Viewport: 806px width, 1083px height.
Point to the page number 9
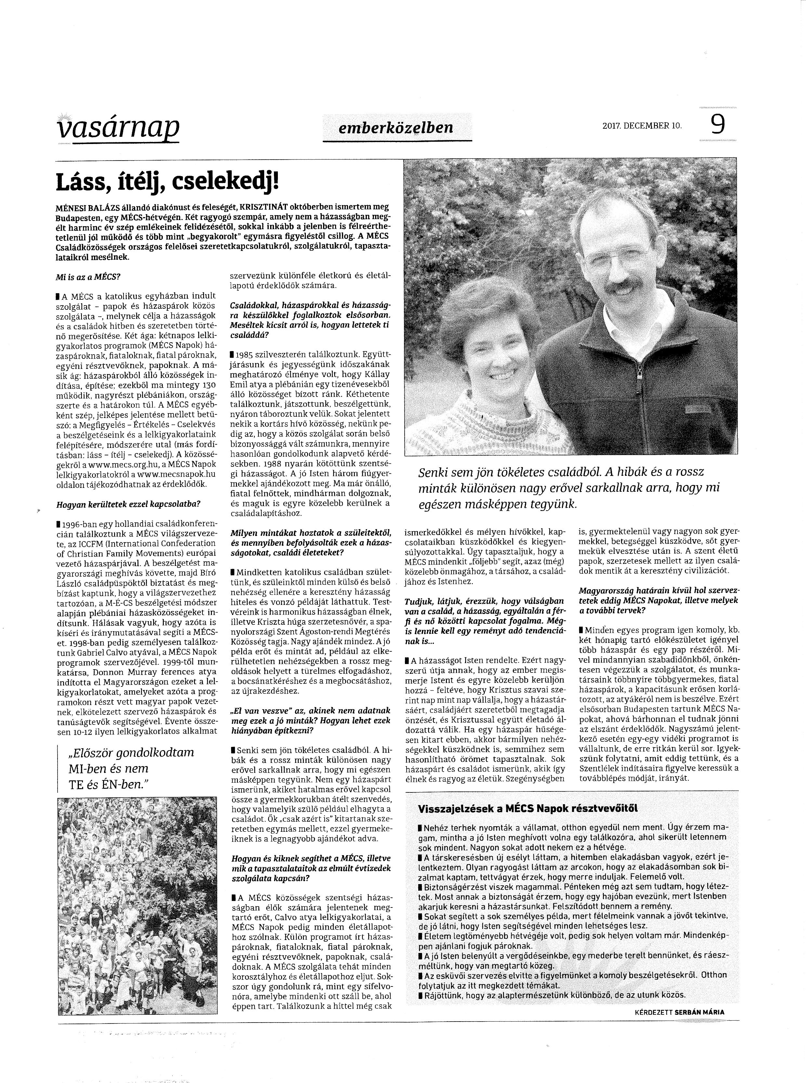(718, 125)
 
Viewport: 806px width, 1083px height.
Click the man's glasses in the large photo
(616, 253)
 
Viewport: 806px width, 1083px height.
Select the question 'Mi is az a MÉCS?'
(88, 277)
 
